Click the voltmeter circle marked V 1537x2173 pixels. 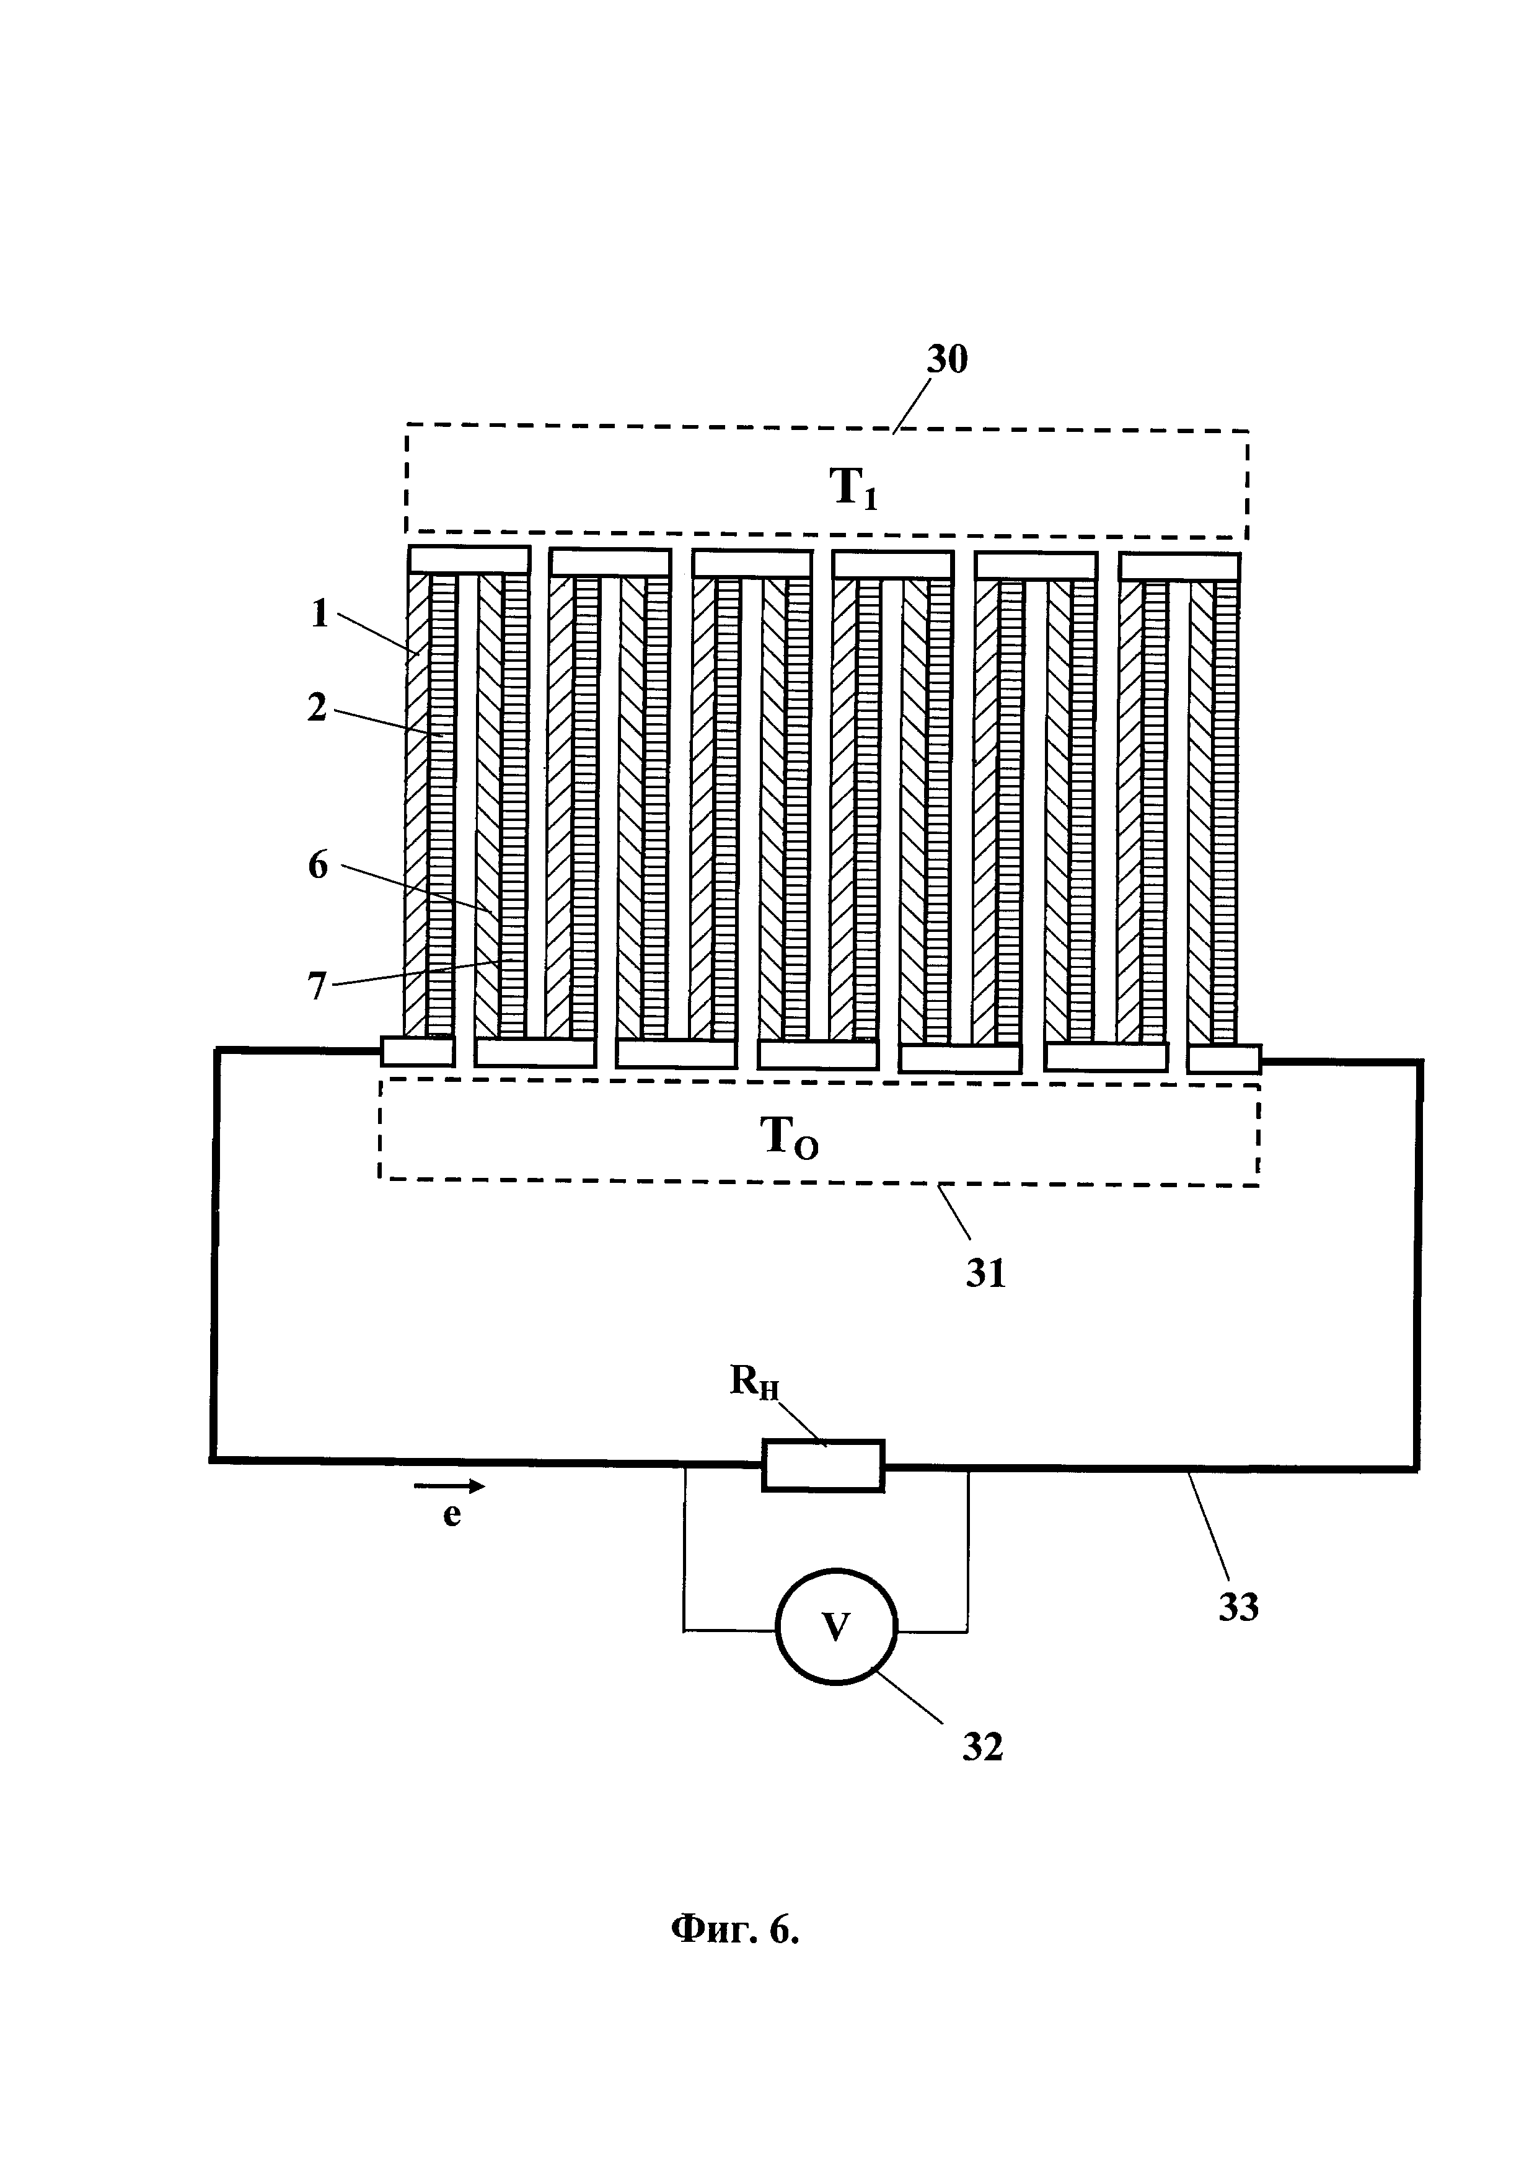click(835, 1627)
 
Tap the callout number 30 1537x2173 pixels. click(946, 361)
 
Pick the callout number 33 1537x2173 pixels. click(1238, 1607)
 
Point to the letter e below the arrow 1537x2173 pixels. click(451, 1515)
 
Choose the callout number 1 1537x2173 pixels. click(320, 614)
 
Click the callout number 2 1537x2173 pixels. click(317, 707)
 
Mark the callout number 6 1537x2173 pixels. click(318, 864)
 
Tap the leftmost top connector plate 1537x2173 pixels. click(467, 560)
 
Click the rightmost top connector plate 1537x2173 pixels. click(1179, 566)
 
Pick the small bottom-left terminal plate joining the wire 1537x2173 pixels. click(417, 1050)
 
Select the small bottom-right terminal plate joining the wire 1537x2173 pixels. click(1224, 1058)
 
